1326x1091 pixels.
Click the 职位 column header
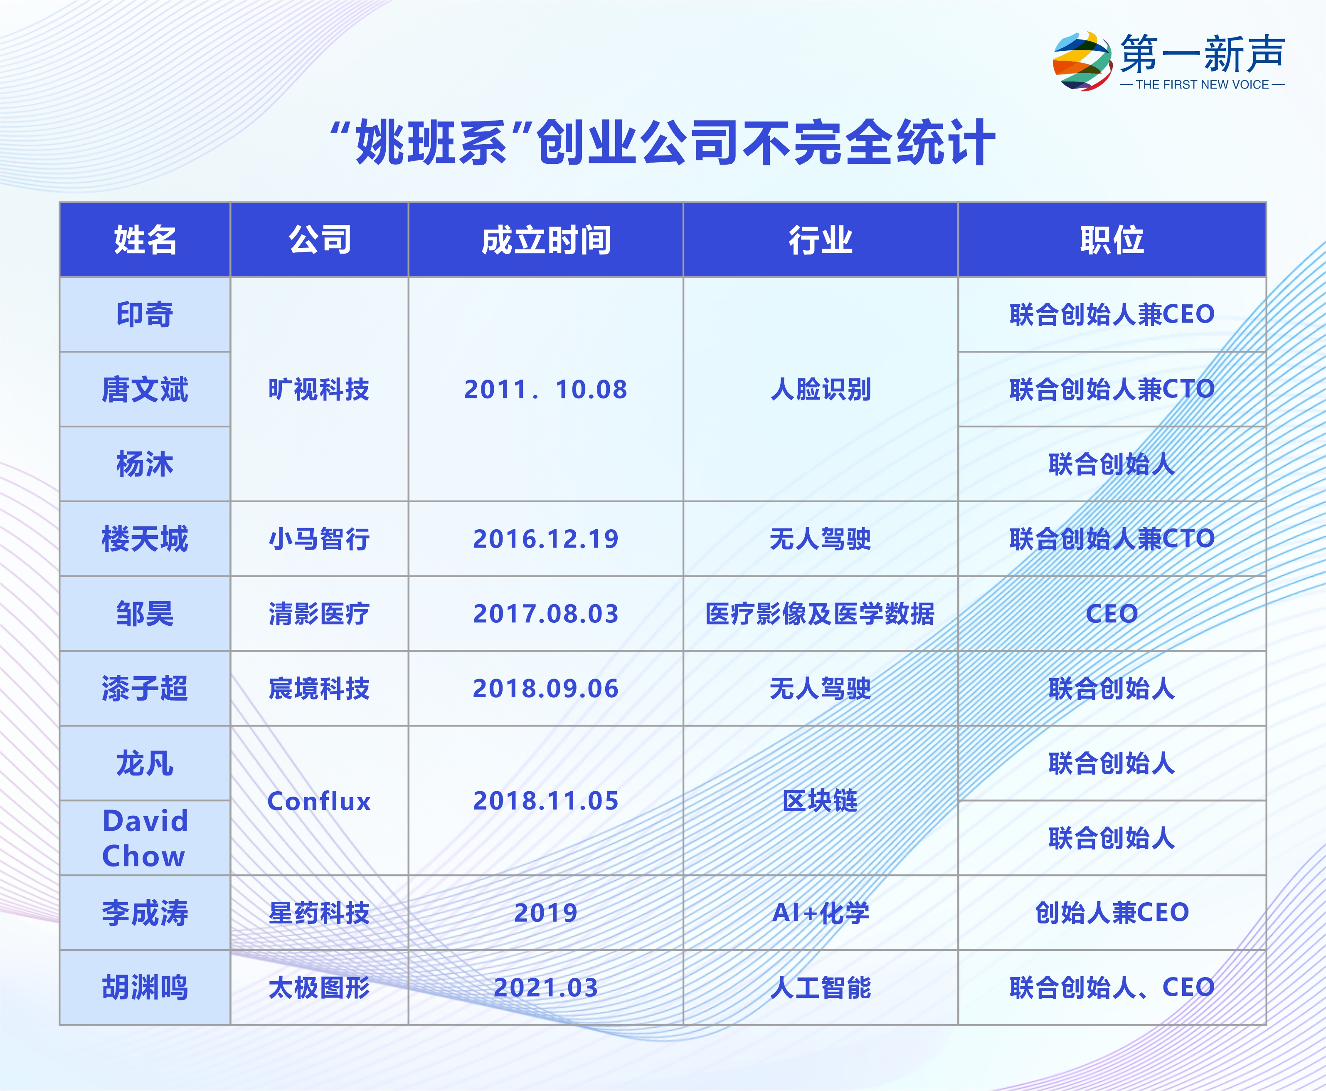pyautogui.click(x=1112, y=240)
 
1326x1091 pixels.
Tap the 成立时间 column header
pyautogui.click(x=546, y=240)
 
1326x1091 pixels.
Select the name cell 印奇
pyautogui.click(x=145, y=314)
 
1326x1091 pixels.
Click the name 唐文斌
pyautogui.click(x=145, y=389)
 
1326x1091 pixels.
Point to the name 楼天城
pyautogui.click(x=145, y=538)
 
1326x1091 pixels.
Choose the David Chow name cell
pyautogui.click(x=145, y=838)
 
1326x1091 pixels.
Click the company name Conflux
pyautogui.click(x=319, y=801)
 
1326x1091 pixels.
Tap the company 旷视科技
pyautogui.click(x=319, y=390)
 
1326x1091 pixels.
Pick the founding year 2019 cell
pyautogui.click(x=546, y=913)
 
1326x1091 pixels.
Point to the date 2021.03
pyautogui.click(x=546, y=988)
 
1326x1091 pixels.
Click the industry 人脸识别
pyautogui.click(x=821, y=390)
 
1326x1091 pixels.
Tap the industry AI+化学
pyautogui.click(x=821, y=913)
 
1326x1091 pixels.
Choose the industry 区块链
pyautogui.click(x=821, y=801)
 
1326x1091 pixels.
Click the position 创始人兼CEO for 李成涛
pyautogui.click(x=1112, y=913)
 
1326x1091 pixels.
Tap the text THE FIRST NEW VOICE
pyautogui.click(x=1202, y=85)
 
